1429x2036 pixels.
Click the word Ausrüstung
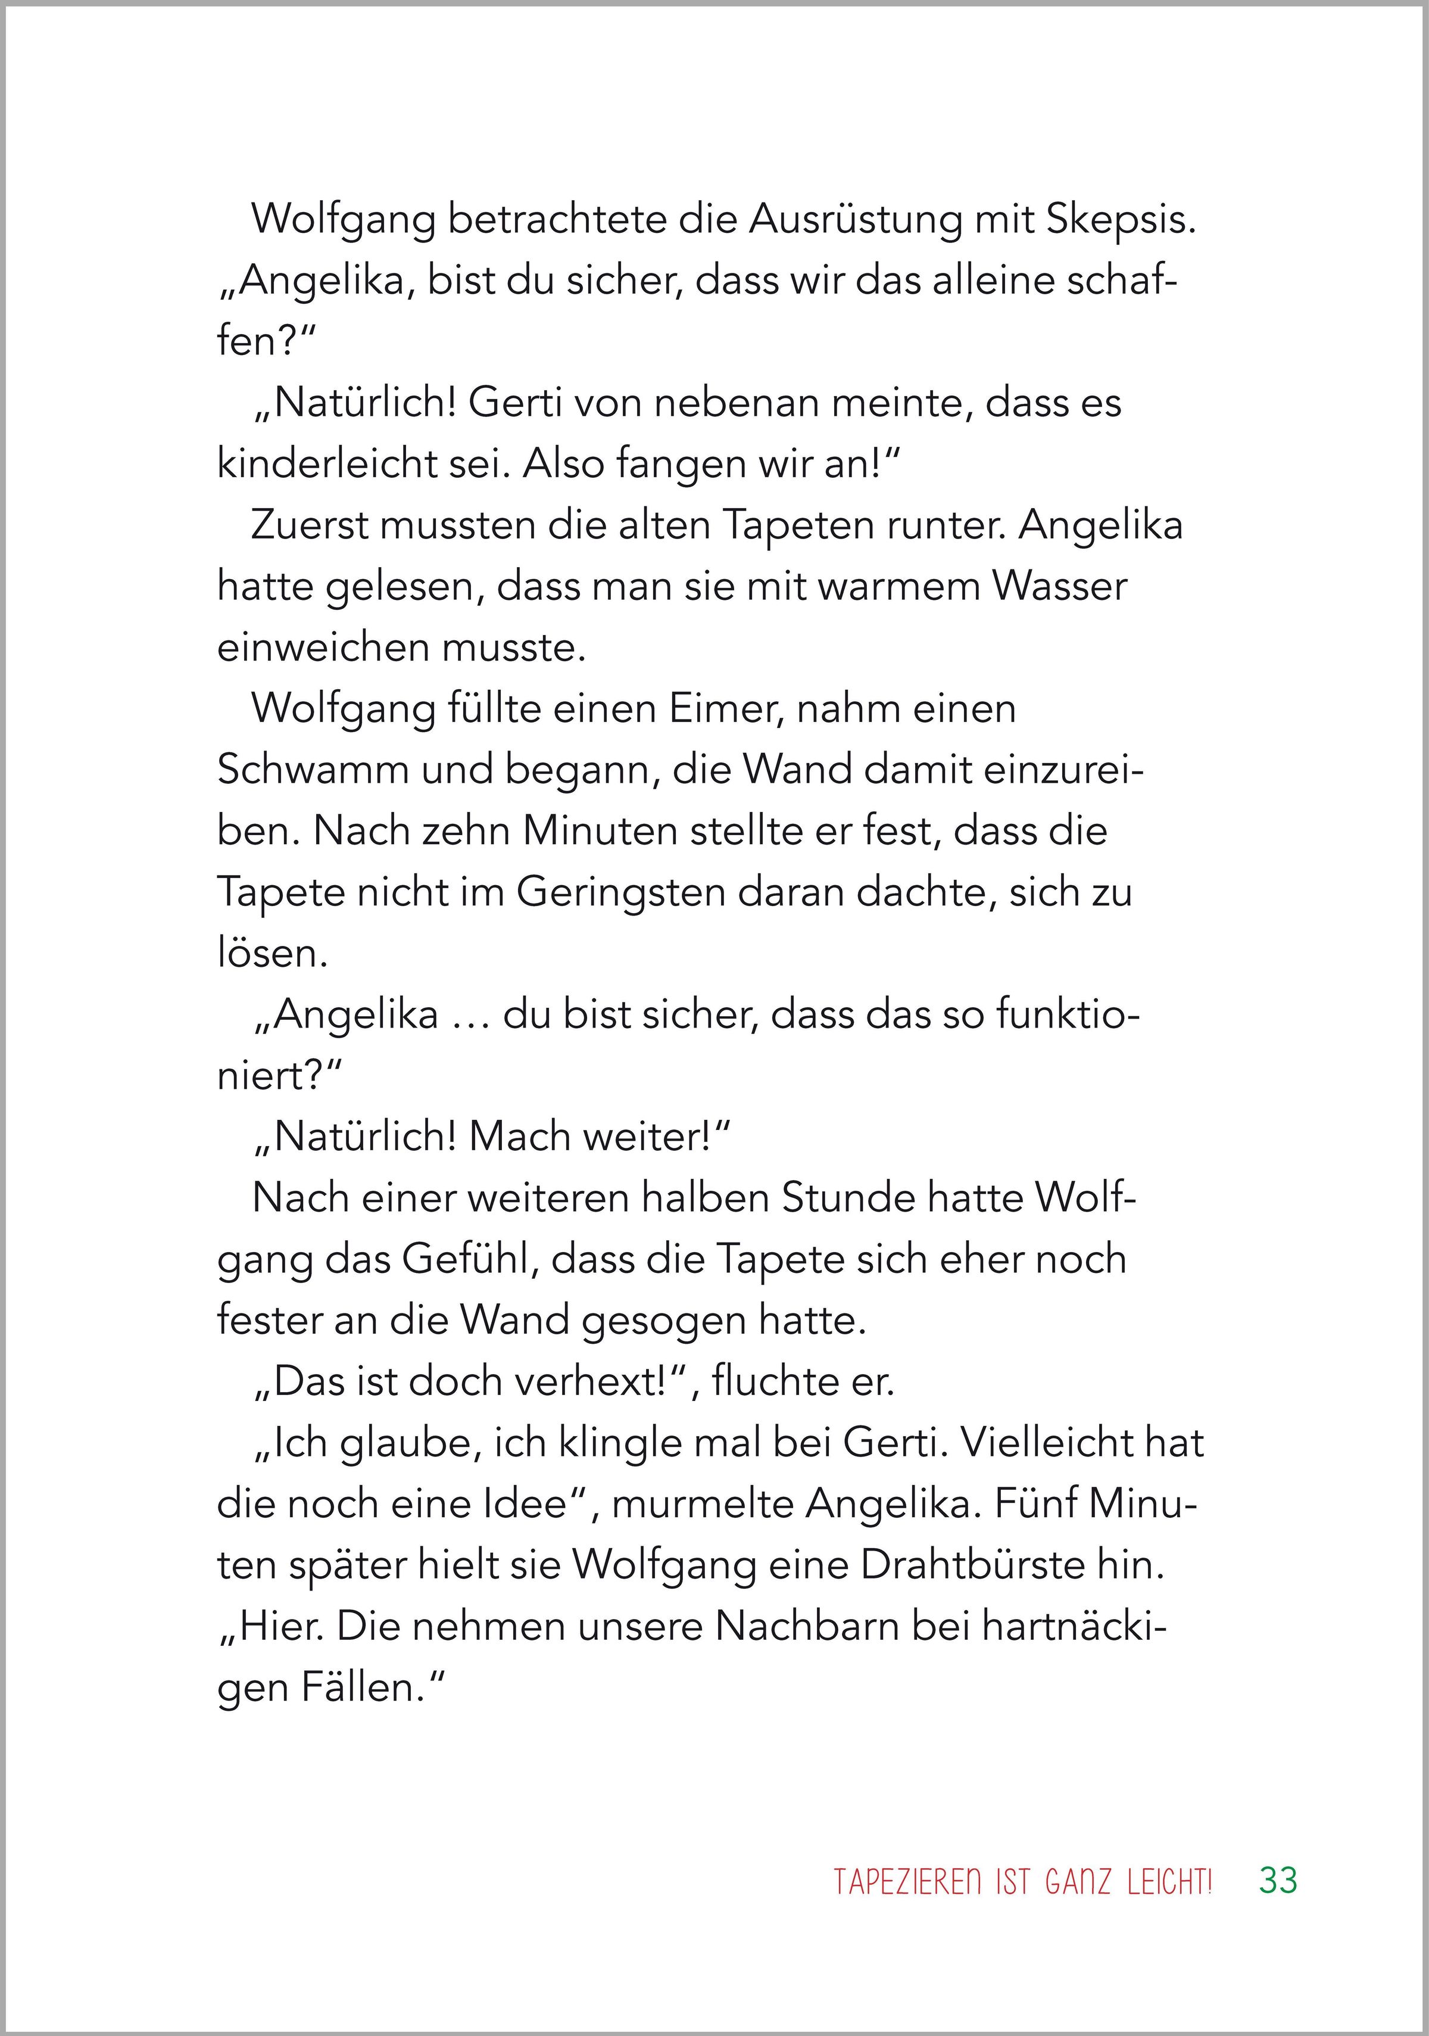click(856, 221)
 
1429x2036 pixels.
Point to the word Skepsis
click(1121, 221)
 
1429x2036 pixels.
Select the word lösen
click(272, 953)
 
